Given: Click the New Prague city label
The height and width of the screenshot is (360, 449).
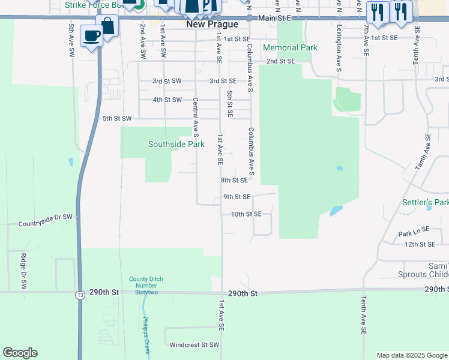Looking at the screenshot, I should (212, 24).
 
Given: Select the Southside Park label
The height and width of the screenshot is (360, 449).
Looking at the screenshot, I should (176, 144).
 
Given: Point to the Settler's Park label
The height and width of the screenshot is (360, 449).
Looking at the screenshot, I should (425, 203).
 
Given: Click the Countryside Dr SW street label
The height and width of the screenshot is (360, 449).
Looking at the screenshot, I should (45, 224).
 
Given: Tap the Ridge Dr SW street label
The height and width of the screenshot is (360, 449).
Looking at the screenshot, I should (23, 265).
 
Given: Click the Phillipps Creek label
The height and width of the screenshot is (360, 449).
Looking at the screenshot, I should (147, 335).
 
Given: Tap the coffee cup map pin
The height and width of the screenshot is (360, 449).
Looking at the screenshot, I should (91, 36).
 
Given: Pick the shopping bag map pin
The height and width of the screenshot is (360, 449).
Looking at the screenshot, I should (107, 26).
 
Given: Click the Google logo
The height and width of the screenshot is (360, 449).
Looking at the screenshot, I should (20, 353).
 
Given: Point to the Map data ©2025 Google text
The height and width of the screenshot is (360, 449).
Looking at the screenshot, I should (411, 355).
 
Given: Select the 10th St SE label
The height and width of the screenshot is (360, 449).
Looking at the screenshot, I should (246, 214).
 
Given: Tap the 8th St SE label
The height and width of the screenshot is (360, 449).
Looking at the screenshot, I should (234, 180).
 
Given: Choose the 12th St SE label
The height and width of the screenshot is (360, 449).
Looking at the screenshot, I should (420, 244).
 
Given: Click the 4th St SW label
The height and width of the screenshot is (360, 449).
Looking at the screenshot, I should (167, 100).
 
